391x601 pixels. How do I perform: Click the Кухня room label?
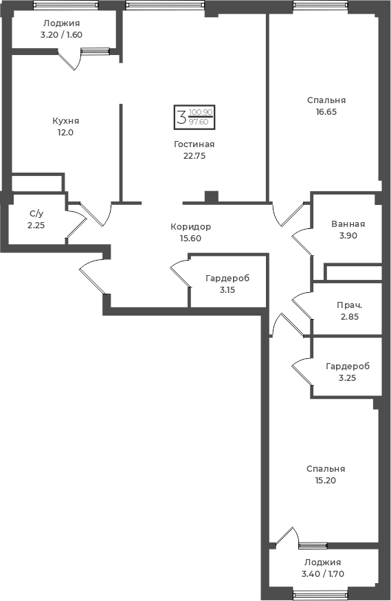coord(65,121)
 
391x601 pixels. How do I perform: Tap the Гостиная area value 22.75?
coord(194,155)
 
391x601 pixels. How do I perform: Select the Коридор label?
coord(191,227)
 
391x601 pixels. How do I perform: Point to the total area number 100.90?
coord(201,112)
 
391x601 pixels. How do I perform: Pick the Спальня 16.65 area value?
coord(326,112)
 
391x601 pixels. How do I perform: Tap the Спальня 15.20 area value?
coord(326,481)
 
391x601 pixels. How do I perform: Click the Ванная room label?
coord(348,224)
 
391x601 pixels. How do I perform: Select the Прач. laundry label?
coord(350,305)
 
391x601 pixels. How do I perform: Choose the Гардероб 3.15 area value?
coord(227,290)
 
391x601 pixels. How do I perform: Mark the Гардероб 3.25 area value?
coord(347,378)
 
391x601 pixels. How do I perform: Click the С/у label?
coord(36,214)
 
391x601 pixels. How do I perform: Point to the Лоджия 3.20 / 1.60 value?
coord(61,35)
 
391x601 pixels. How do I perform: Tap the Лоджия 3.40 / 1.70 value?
coord(323,574)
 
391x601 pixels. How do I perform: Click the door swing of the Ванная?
coord(302,241)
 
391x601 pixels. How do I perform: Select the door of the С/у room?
coord(76,229)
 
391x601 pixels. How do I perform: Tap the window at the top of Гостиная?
coord(165,5)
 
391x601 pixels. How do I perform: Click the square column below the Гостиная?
coord(212,197)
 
